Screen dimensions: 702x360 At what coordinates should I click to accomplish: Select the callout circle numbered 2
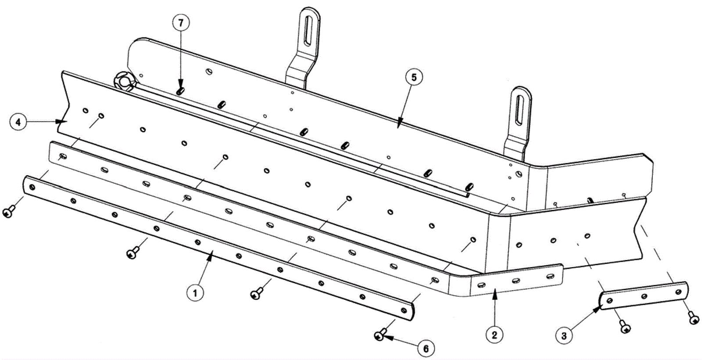[x=494, y=335]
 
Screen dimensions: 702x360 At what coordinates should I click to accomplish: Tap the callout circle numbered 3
[x=564, y=336]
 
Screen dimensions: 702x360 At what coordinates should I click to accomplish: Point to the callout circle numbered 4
[x=18, y=122]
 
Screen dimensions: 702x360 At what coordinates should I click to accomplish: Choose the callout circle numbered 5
[x=414, y=77]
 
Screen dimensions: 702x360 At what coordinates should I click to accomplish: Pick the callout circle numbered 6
[x=425, y=349]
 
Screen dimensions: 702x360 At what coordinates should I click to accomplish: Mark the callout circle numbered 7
[x=181, y=23]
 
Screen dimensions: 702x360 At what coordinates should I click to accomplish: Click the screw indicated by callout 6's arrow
[x=380, y=336]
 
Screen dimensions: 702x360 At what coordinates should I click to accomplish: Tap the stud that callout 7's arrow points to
[x=180, y=91]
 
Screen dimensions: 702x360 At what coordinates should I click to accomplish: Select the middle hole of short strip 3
[x=644, y=296]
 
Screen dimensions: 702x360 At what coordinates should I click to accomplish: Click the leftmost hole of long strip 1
[x=32, y=187]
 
